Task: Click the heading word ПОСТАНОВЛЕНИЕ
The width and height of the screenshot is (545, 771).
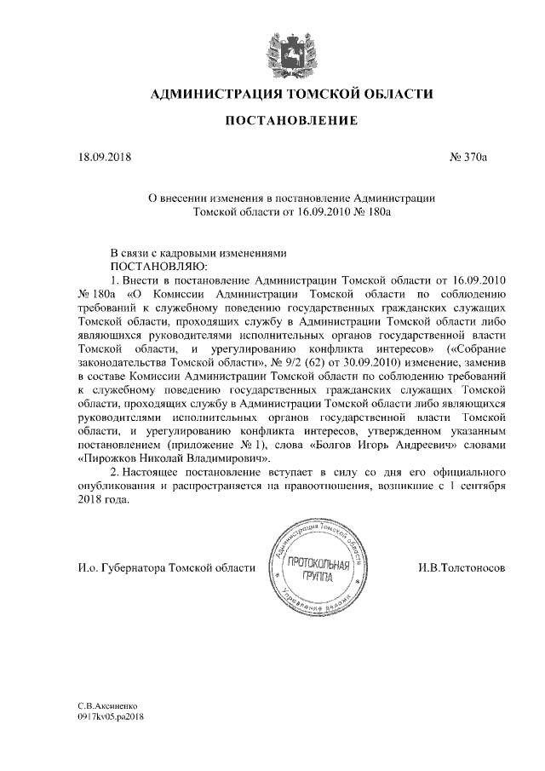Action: click(x=290, y=122)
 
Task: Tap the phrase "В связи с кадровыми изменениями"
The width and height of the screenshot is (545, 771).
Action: click(x=194, y=253)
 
